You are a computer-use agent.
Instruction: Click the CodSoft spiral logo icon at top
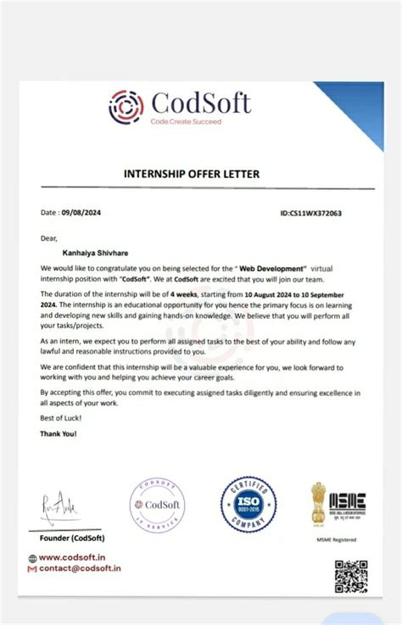[x=126, y=107]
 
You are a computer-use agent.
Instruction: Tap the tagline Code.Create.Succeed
[x=186, y=122]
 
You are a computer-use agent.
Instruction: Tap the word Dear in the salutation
[x=48, y=238]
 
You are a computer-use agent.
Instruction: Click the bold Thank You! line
[x=59, y=434]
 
